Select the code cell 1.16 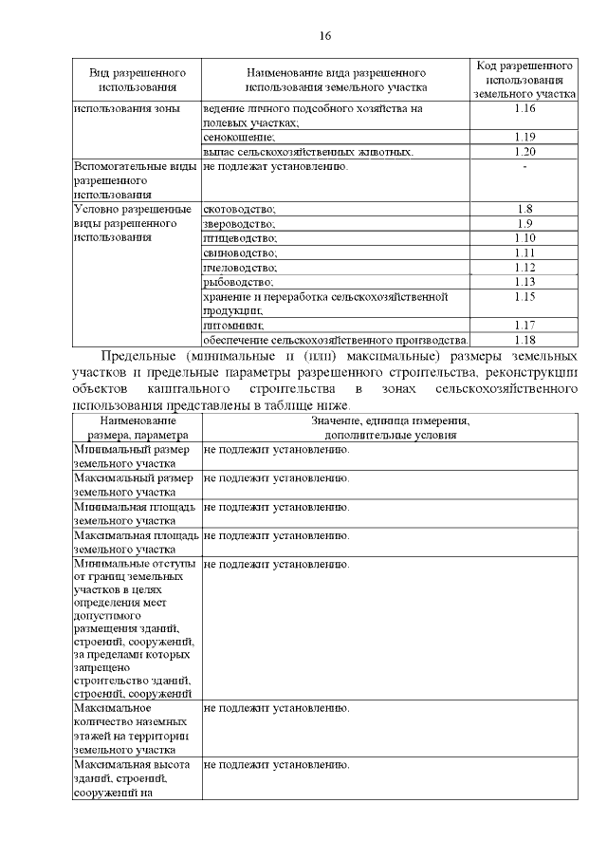pyautogui.click(x=524, y=110)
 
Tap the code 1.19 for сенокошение pyautogui.click(x=524, y=137)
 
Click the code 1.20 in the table pyautogui.click(x=524, y=151)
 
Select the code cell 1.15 pyautogui.click(x=524, y=297)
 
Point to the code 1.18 pyautogui.click(x=524, y=340)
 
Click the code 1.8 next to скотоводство pyautogui.click(x=524, y=209)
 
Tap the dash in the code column pyautogui.click(x=524, y=167)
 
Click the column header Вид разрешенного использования pyautogui.click(x=137, y=80)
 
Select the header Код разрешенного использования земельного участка pyautogui.click(x=524, y=80)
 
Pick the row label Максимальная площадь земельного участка pyautogui.click(x=135, y=542)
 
